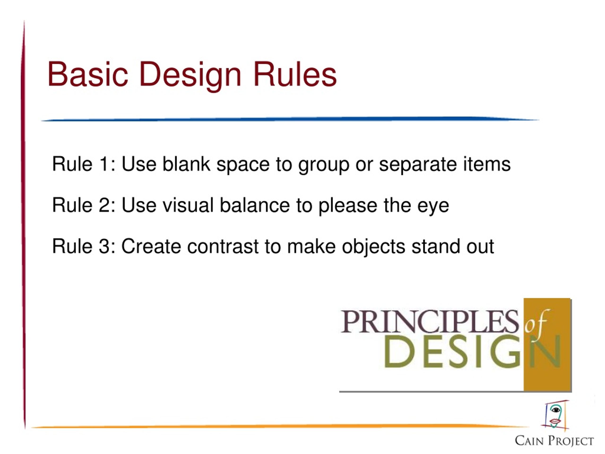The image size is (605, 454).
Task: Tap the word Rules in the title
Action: pos(295,74)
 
